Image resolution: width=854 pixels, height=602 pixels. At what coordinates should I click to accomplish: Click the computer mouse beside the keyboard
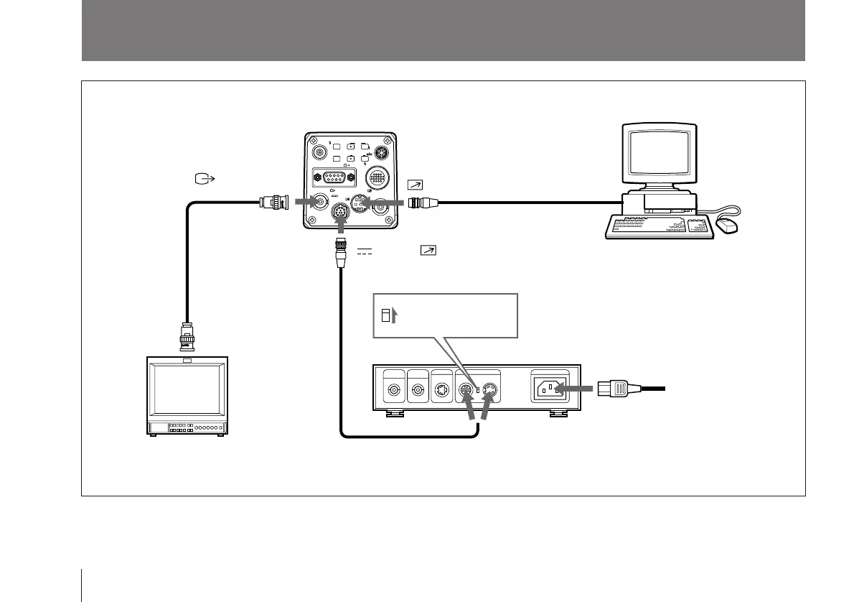pyautogui.click(x=728, y=227)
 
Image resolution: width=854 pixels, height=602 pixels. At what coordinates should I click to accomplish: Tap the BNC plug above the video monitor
pyautogui.click(x=188, y=337)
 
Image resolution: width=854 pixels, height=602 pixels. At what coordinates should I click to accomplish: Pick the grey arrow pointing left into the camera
pyautogui.click(x=383, y=203)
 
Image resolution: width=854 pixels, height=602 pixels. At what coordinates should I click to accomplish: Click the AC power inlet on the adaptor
pyautogui.click(x=548, y=389)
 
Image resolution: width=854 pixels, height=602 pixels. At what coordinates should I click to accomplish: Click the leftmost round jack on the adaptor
pyautogui.click(x=393, y=392)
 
